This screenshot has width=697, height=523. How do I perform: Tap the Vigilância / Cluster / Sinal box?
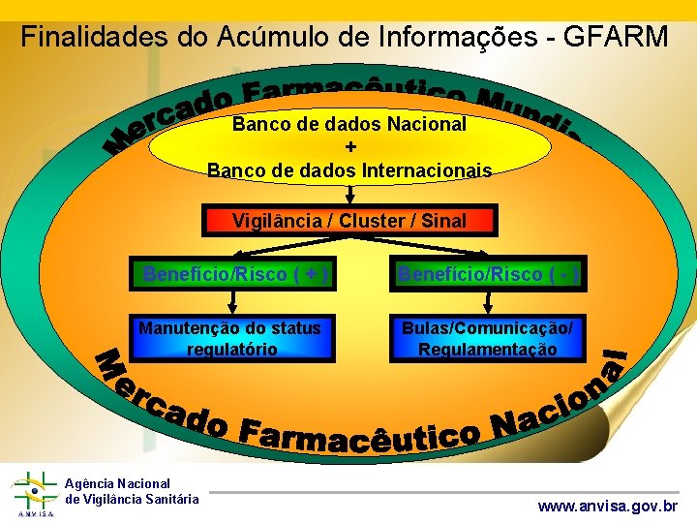pyautogui.click(x=348, y=221)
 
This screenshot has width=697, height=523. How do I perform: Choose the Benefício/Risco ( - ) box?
pyautogui.click(x=487, y=274)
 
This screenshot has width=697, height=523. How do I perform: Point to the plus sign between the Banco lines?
pyautogui.click(x=349, y=147)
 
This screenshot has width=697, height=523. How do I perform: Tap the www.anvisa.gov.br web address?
pyautogui.click(x=608, y=506)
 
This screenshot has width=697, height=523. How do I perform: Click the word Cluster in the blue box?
pyautogui.click(x=372, y=221)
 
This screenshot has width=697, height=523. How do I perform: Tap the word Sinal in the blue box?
pyautogui.click(x=443, y=221)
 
